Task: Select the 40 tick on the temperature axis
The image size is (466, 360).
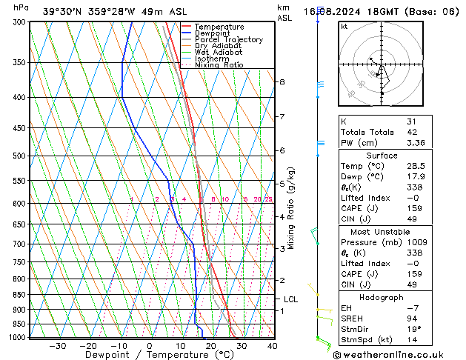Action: [272, 345]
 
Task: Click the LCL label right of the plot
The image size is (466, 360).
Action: [291, 299]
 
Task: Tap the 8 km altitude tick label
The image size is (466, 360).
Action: [282, 81]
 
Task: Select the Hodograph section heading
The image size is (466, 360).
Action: [381, 297]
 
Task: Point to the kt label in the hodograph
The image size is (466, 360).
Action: [344, 27]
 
